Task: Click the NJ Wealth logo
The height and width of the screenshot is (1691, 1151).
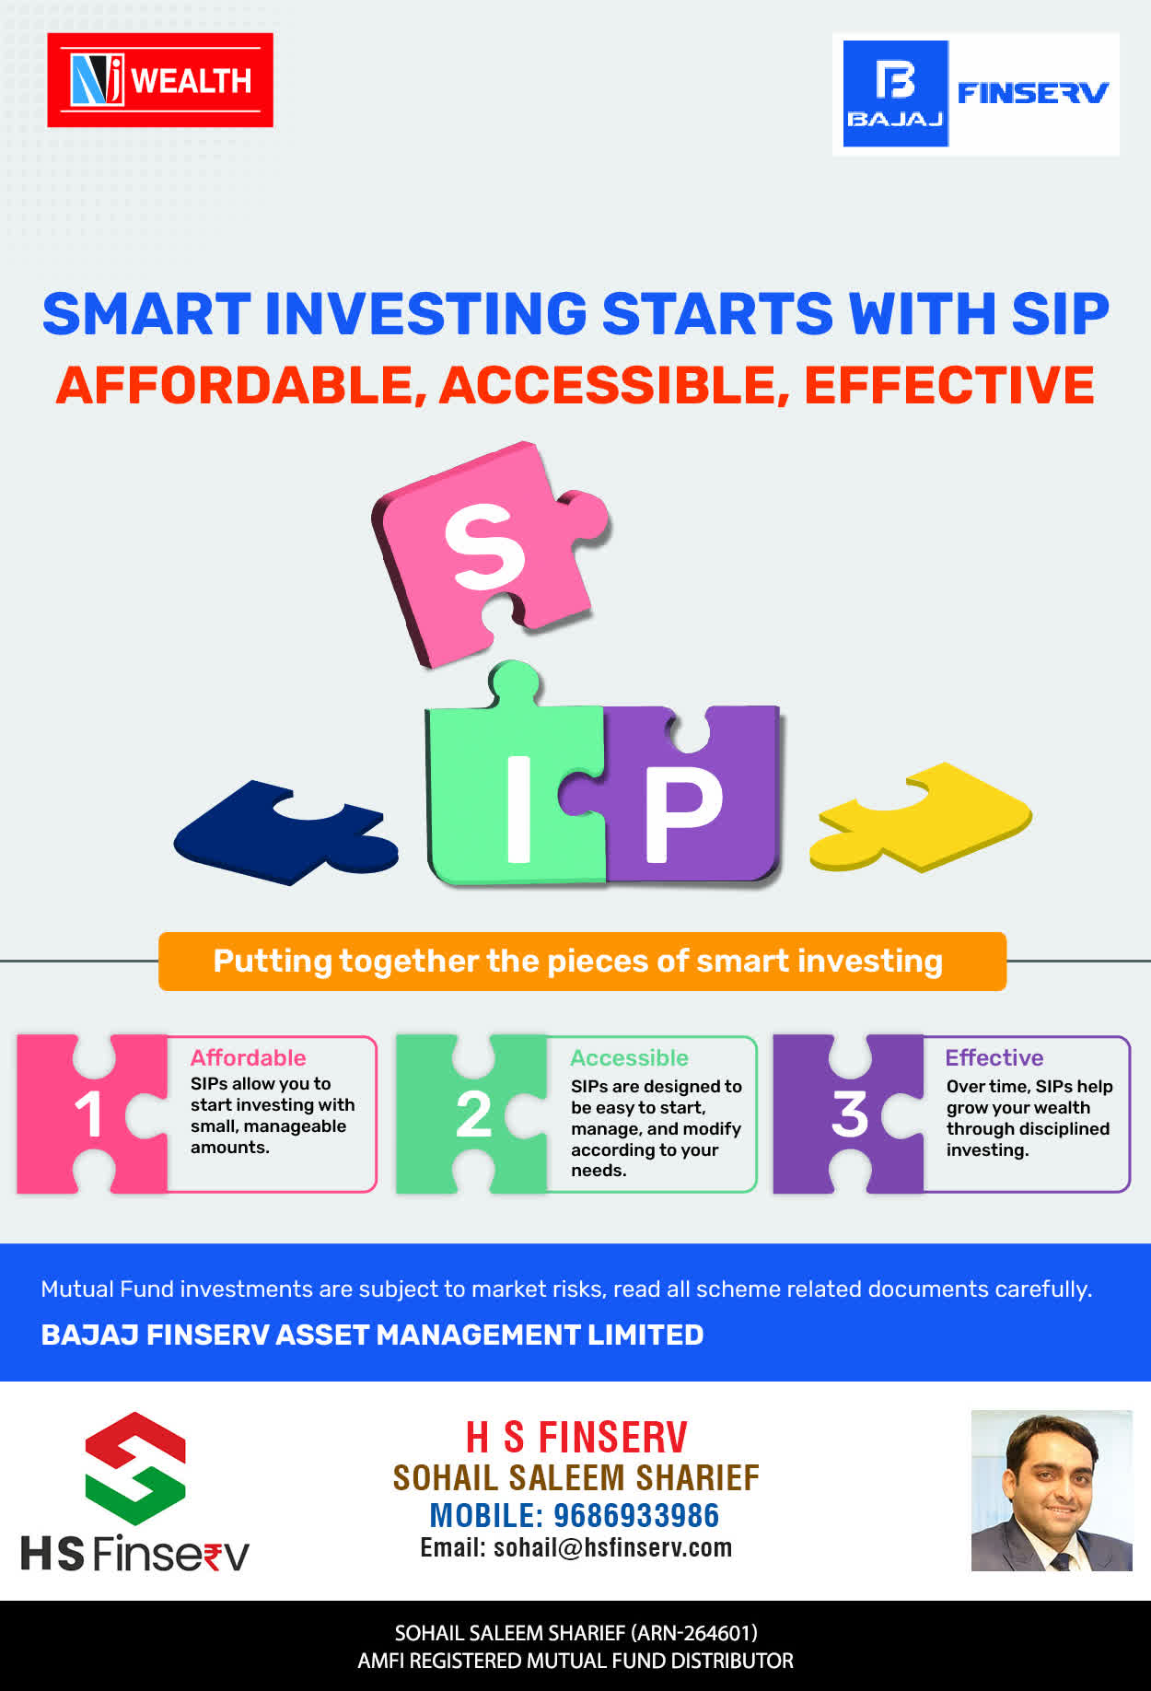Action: click(160, 80)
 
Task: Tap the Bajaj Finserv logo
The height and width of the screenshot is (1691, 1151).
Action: click(976, 94)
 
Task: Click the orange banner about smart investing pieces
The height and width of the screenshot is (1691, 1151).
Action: click(582, 962)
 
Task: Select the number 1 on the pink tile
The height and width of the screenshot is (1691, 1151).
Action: click(88, 1114)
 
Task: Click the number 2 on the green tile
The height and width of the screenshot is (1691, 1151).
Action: click(473, 1114)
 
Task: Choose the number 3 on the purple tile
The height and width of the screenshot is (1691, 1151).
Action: click(850, 1114)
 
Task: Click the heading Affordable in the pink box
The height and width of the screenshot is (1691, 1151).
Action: click(248, 1057)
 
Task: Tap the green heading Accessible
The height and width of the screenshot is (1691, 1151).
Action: click(629, 1057)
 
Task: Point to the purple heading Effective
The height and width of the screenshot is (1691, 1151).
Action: click(994, 1057)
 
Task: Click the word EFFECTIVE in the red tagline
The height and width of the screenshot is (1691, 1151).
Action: click(949, 385)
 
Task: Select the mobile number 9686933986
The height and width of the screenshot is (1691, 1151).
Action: click(636, 1515)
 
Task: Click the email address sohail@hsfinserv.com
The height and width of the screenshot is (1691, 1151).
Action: click(612, 1547)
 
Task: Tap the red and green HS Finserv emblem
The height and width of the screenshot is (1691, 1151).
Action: click(135, 1468)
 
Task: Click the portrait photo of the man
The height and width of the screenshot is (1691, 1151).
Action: click(1052, 1490)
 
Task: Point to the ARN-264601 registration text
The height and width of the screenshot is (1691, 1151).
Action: click(693, 1633)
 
